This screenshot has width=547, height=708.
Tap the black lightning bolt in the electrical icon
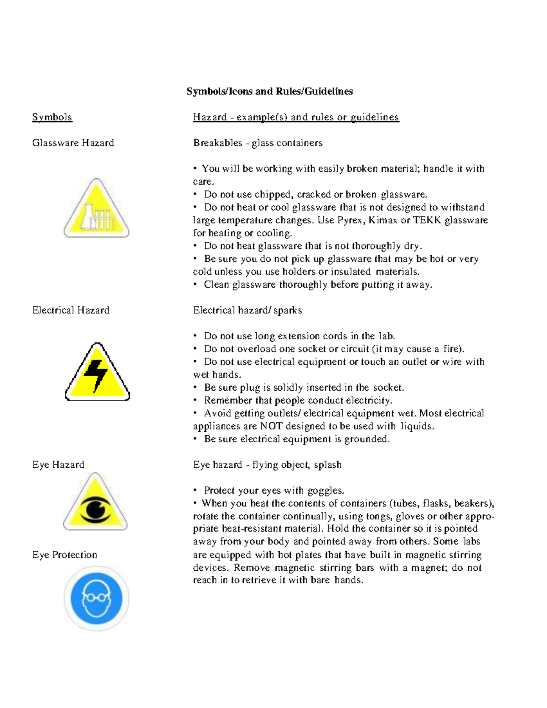coord(96,375)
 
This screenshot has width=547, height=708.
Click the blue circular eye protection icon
coord(96,599)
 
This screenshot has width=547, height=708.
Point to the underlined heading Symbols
coord(52,117)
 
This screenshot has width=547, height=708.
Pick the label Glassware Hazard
coord(73,143)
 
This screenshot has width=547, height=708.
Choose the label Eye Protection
coord(64,555)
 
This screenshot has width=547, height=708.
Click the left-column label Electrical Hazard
coord(71,310)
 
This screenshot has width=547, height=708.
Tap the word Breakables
coord(217,143)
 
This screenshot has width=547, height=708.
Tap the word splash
coord(327,465)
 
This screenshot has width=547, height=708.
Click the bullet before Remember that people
coord(195,400)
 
